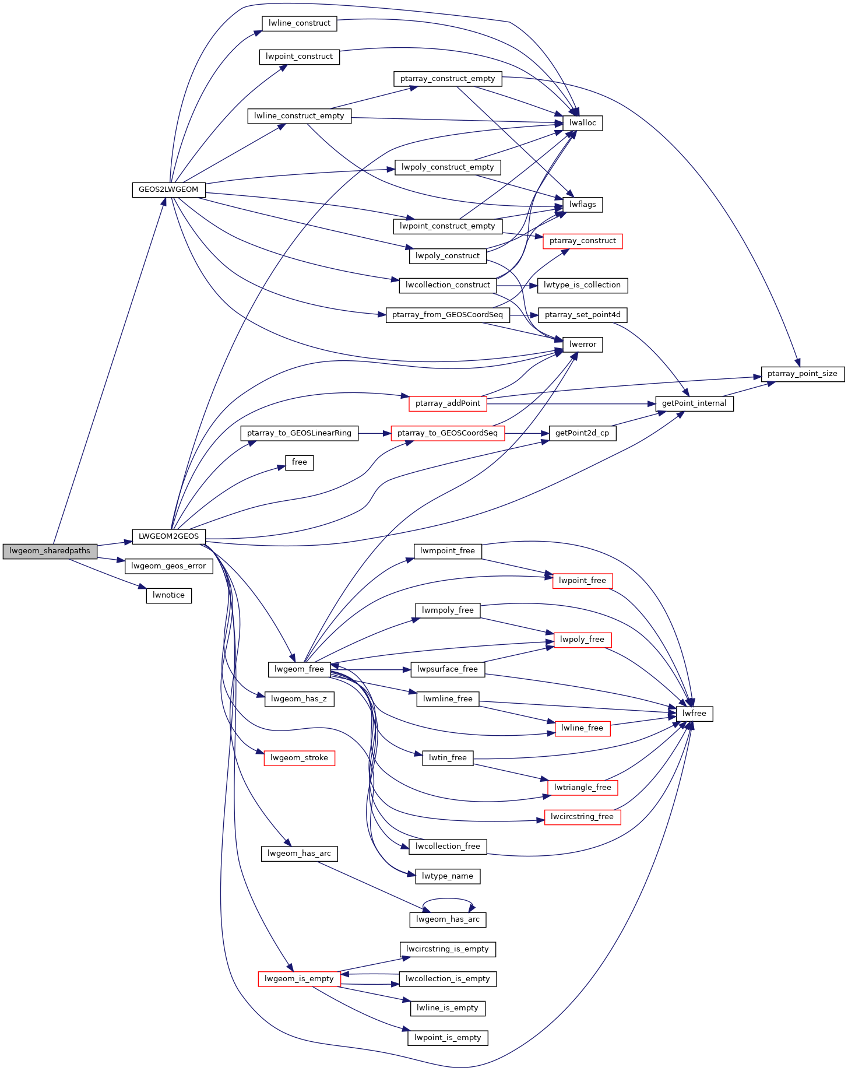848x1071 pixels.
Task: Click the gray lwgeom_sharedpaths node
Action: click(x=50, y=551)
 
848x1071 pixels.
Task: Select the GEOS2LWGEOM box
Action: click(x=168, y=189)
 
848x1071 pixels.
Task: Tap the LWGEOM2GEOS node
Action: click(x=168, y=536)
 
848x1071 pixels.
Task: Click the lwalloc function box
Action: click(x=583, y=123)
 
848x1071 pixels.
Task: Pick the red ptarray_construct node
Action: click(x=583, y=241)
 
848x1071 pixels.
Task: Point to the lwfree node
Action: click(x=694, y=714)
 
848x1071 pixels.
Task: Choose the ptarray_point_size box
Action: click(x=803, y=374)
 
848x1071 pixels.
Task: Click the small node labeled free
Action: click(x=300, y=462)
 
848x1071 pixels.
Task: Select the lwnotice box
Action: click(x=168, y=595)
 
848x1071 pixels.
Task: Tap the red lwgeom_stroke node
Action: click(x=300, y=758)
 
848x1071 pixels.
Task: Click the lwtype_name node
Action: click(x=448, y=876)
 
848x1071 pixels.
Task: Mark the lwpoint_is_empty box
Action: click(x=448, y=1038)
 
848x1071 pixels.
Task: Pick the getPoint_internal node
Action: click(x=694, y=403)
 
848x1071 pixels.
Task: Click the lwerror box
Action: click(x=583, y=345)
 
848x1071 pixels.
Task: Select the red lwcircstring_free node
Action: click(x=583, y=817)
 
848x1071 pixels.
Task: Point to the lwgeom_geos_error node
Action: click(x=168, y=566)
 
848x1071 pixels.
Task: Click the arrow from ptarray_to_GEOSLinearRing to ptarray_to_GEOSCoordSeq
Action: click(x=375, y=433)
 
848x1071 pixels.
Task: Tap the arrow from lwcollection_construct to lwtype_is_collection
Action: click(x=517, y=286)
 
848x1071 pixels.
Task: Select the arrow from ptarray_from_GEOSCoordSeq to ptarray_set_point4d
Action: click(x=524, y=315)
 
